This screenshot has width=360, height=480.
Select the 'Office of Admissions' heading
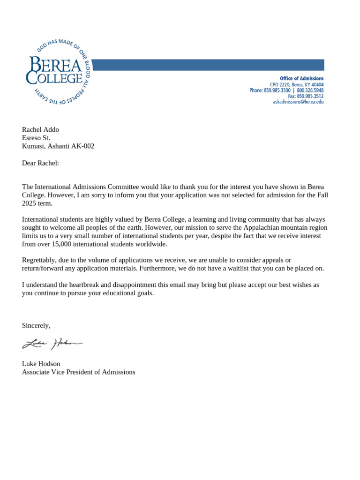(x=301, y=78)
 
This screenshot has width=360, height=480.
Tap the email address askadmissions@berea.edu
(x=298, y=102)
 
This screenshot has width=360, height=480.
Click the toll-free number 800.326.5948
(x=310, y=90)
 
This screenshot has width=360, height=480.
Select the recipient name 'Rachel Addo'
(x=40, y=130)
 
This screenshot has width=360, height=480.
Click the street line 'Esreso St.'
(x=36, y=138)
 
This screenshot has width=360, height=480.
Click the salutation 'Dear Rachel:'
(x=40, y=163)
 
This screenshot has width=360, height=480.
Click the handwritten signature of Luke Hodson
(x=52, y=344)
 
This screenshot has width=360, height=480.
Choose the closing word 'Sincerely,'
(x=36, y=325)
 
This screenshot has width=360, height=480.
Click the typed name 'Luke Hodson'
(x=41, y=364)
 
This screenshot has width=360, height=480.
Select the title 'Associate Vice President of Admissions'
(x=78, y=372)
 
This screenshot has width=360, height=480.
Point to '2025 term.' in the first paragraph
(x=37, y=203)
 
